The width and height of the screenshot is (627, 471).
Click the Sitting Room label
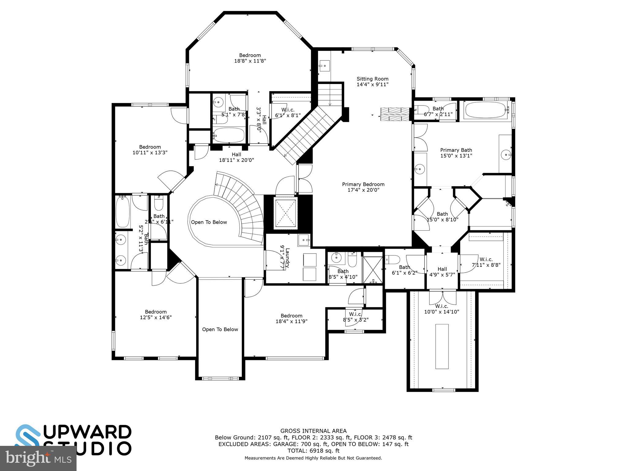pos(372,82)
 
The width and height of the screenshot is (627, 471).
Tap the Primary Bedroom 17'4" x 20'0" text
pos(363,187)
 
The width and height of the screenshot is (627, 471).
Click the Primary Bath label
pos(456,153)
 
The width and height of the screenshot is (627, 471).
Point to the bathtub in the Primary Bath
pos(486,110)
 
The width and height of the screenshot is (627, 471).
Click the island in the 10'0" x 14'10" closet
pos(442,346)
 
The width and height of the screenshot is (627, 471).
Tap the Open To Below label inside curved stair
pos(209,222)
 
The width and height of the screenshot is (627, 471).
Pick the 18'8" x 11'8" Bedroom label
pos(250,58)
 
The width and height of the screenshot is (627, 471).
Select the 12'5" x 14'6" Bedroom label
pos(156,315)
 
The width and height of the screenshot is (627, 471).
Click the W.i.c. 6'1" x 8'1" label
pos(288,113)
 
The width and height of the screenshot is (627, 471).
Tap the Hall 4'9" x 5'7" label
pos(442,272)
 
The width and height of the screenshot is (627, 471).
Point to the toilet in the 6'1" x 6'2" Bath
pos(393,260)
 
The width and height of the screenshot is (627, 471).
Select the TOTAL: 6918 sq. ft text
pos(313,451)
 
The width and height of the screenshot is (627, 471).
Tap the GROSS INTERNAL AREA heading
pos(313,431)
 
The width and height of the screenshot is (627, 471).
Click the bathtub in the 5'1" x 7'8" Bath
pos(229,135)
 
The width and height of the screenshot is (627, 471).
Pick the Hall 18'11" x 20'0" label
pos(236,157)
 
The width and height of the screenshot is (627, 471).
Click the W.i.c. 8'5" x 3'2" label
pos(355,317)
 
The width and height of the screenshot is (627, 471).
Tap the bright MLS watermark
pos(38,458)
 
